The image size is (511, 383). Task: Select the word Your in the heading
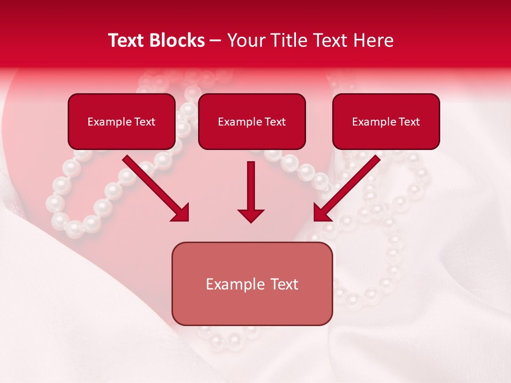246,40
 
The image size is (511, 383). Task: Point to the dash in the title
216,41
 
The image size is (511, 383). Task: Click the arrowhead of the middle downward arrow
251,215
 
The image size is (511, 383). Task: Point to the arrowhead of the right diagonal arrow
322,213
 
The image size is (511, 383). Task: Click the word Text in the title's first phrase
126,40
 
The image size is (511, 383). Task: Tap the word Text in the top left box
144,122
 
